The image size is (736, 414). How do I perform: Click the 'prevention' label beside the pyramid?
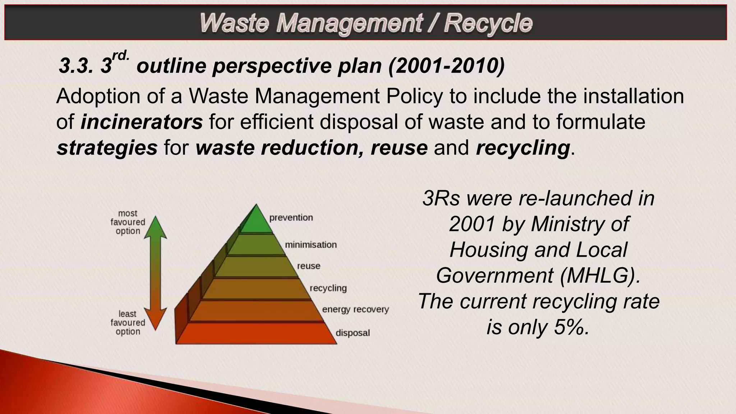click(291, 218)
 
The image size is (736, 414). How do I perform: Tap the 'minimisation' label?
click(311, 245)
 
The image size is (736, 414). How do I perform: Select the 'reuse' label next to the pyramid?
click(308, 266)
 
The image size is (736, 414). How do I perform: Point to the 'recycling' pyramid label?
click(328, 288)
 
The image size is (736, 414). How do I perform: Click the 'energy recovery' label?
click(355, 309)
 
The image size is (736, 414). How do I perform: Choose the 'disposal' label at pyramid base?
click(353, 333)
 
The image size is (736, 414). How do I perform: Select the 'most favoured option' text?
click(128, 222)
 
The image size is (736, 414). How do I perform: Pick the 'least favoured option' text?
click(128, 323)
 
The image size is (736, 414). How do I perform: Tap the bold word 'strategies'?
click(107, 148)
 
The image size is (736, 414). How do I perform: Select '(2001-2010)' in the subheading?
click(446, 66)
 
